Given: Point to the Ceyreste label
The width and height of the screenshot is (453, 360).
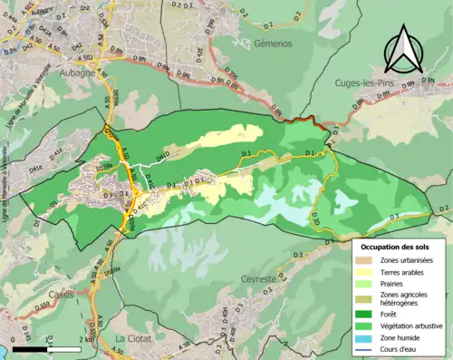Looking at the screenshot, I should pos(238,278).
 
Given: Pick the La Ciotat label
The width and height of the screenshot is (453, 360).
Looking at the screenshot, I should pos(133,339).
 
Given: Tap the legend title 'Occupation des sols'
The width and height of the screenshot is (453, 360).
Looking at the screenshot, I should pos(399,246).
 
